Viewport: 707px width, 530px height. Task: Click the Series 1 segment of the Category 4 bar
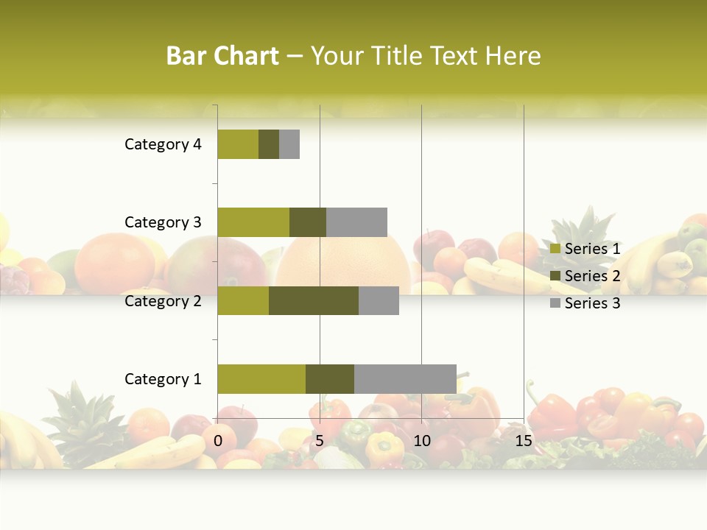[238, 144]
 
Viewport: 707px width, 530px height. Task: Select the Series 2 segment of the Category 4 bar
[269, 144]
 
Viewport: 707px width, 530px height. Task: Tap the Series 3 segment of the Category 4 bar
[289, 144]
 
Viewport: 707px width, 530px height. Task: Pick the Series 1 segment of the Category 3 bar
[253, 222]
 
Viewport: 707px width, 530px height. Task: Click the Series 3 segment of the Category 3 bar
[356, 222]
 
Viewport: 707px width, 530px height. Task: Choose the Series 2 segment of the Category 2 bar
[314, 300]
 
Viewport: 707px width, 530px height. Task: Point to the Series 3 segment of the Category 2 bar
[379, 300]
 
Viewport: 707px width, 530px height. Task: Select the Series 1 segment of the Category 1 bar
[261, 379]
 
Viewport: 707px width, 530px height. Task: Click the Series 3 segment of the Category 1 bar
[405, 379]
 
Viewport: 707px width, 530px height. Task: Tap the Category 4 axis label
[163, 144]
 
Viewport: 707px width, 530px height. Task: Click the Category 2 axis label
[163, 300]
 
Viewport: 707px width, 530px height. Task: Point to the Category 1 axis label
[163, 379]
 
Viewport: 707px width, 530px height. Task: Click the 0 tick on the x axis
[218, 441]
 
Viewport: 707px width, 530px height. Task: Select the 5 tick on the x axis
[320, 441]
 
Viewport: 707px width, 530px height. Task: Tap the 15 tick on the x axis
[524, 441]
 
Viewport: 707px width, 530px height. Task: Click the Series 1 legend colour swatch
[555, 250]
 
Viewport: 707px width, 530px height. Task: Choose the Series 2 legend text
[592, 276]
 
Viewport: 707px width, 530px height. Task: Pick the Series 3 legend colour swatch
[555, 303]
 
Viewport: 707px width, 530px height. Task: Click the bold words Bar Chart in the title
[222, 56]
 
